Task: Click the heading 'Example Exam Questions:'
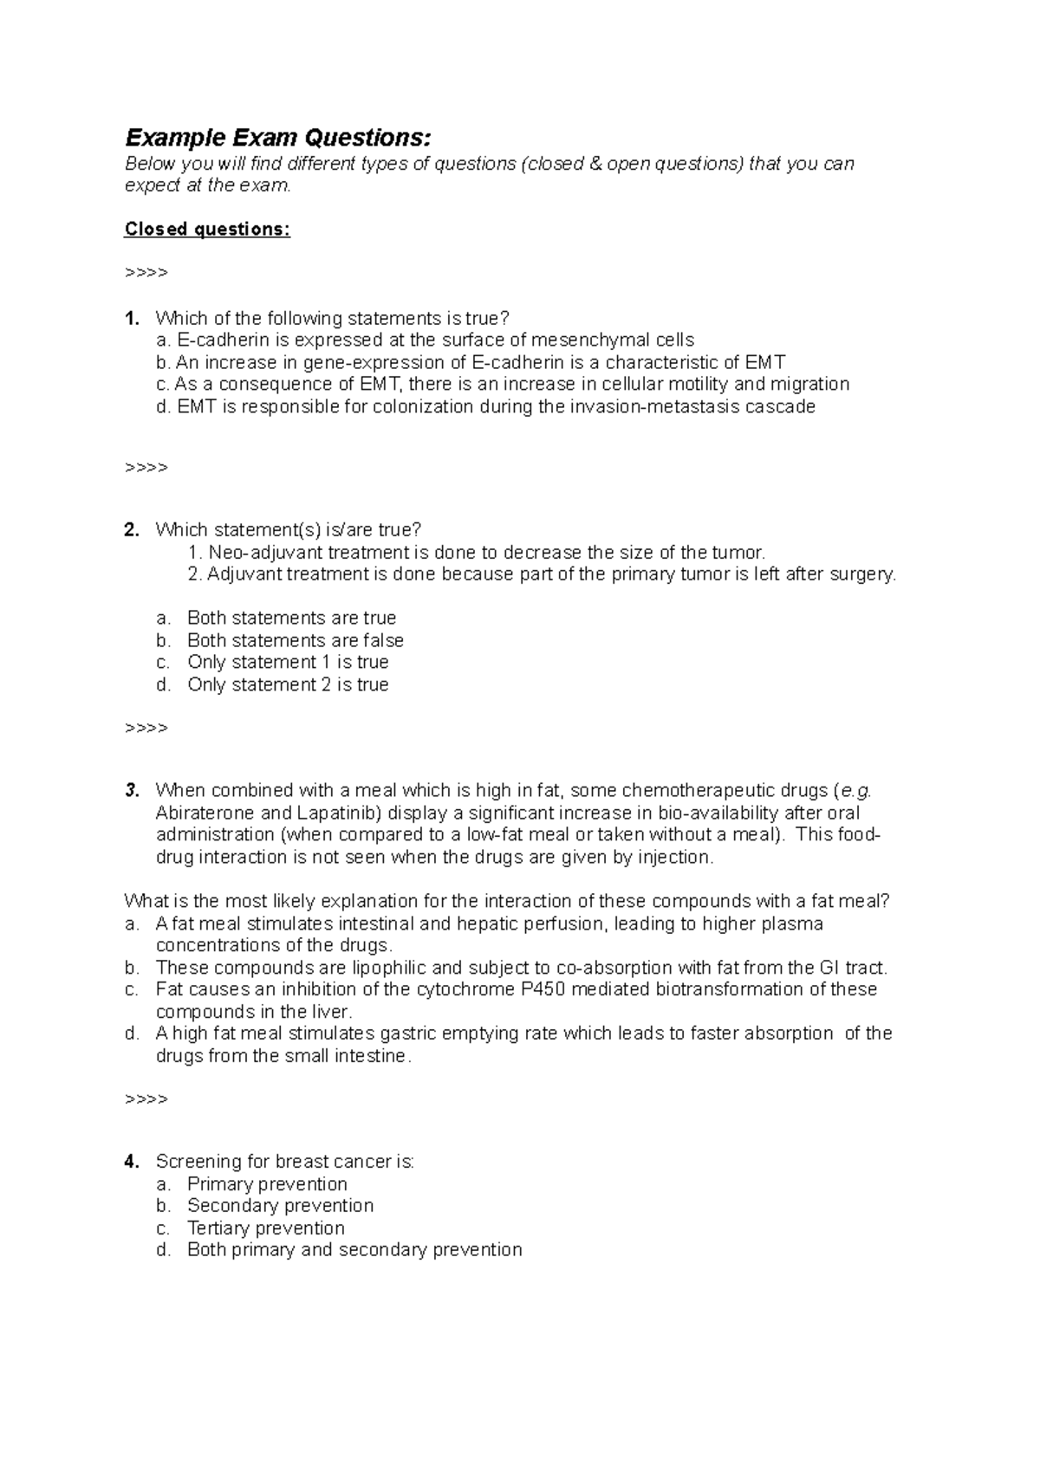tap(277, 138)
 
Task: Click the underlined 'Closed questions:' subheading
tap(207, 229)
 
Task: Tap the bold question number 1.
tap(132, 318)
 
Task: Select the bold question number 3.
tap(132, 790)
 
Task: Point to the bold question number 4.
tap(132, 1161)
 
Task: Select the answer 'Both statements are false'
tap(295, 640)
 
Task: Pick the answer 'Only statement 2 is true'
tap(287, 684)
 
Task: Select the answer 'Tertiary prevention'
tap(265, 1228)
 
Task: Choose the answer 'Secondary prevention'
tap(280, 1205)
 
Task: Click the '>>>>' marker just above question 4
tap(146, 1099)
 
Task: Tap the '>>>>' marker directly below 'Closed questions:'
tap(146, 273)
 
